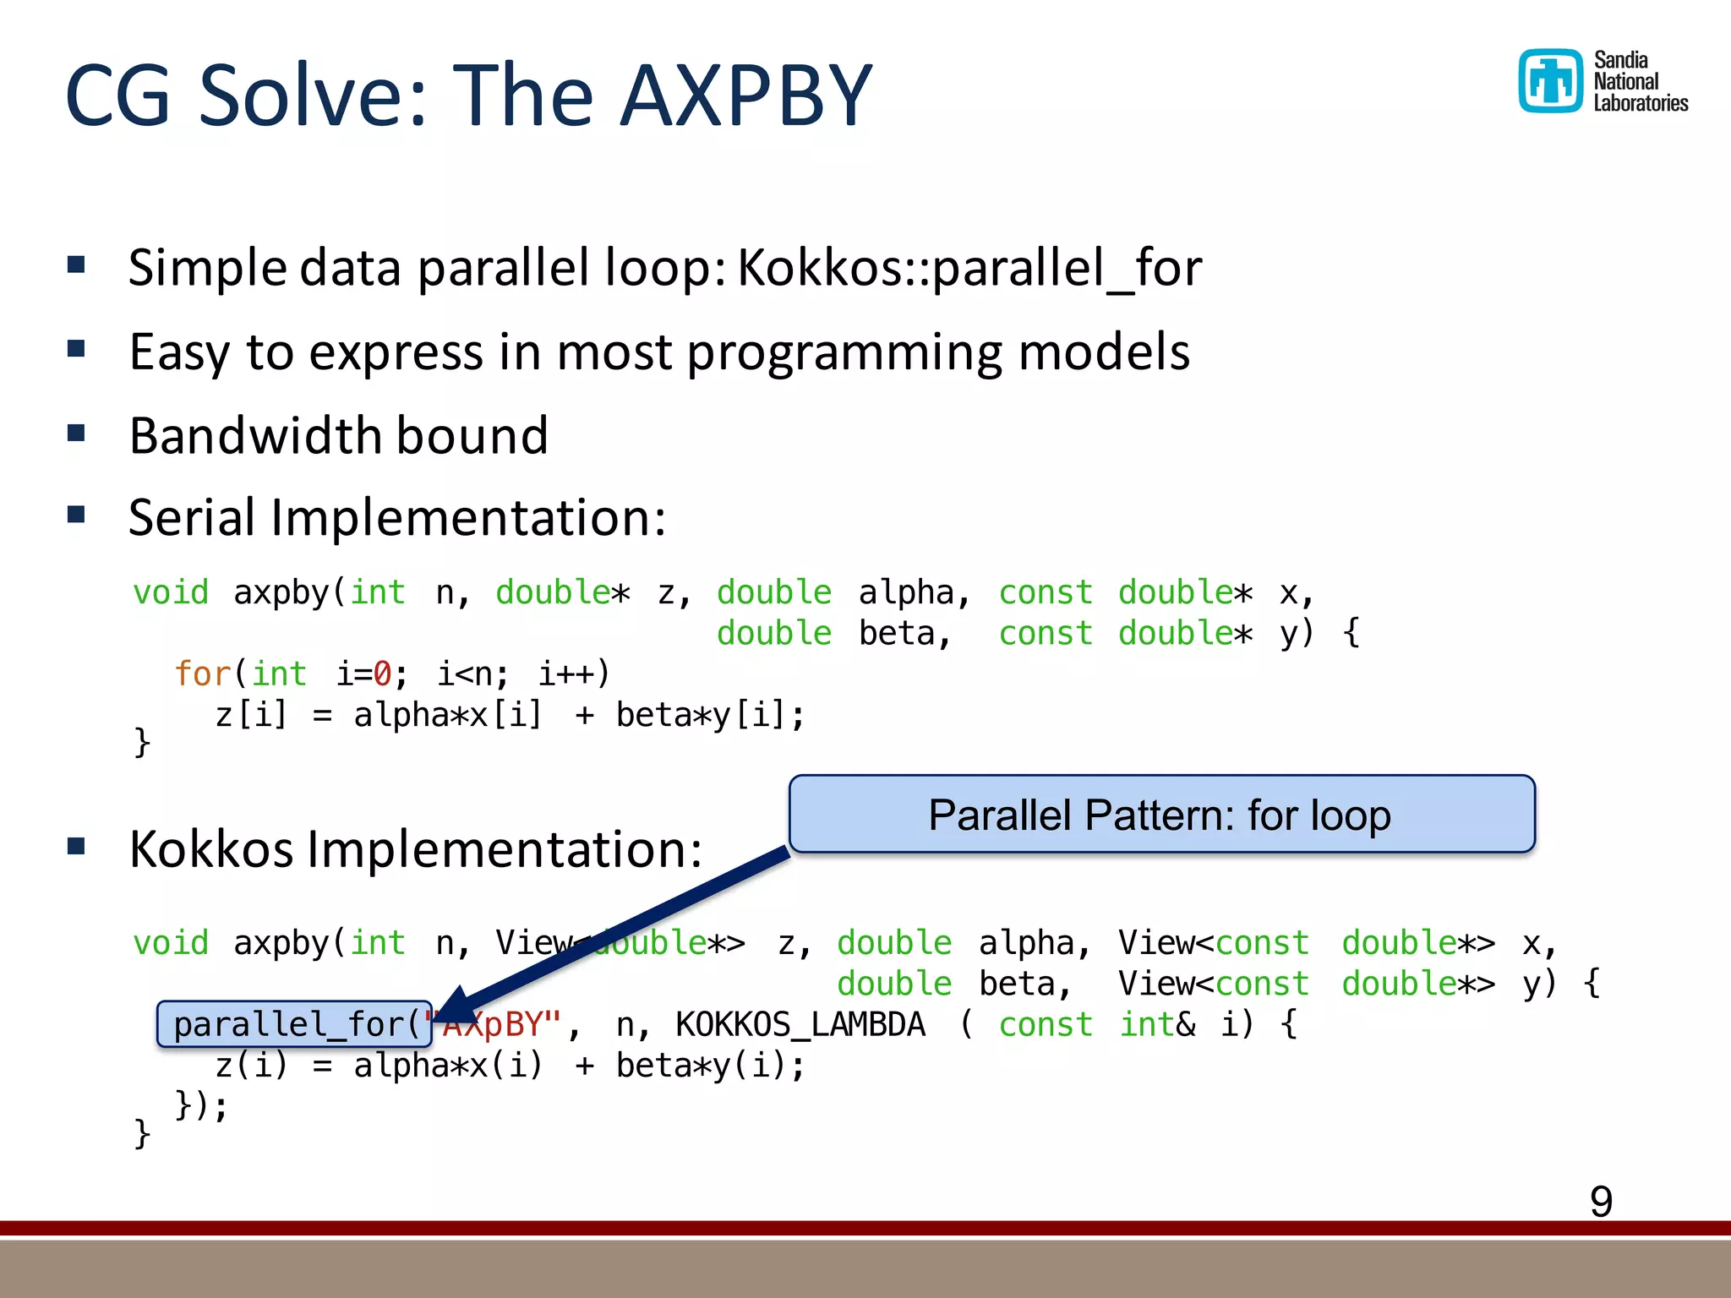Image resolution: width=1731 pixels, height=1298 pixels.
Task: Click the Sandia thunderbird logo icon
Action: point(1550,81)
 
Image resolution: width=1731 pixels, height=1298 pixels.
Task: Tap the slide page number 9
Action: point(1601,1201)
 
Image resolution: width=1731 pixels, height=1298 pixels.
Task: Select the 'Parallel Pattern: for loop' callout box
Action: point(1160,814)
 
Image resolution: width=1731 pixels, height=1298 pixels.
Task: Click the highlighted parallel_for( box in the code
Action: point(295,1024)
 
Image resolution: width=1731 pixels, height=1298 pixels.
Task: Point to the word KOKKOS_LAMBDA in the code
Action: point(800,1024)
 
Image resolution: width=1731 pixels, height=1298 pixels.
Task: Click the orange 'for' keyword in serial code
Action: point(201,674)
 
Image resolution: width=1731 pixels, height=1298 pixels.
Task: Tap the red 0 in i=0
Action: point(382,674)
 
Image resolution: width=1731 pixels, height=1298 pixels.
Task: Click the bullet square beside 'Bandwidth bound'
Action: point(77,434)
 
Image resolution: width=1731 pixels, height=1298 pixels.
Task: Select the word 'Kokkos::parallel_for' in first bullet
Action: point(969,268)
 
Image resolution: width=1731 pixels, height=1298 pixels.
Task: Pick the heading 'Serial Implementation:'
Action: point(397,517)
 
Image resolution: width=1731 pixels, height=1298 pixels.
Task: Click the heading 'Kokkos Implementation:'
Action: point(415,848)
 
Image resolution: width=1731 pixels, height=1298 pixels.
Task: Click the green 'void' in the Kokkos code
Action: point(171,942)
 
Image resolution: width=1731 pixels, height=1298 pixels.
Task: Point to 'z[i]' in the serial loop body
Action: point(251,715)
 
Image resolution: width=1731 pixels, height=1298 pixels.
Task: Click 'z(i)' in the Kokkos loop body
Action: point(251,1065)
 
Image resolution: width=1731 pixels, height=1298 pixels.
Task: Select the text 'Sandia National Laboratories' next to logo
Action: point(1639,81)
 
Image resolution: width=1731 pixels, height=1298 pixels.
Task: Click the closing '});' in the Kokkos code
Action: point(201,1105)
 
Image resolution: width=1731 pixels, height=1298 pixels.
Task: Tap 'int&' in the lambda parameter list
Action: point(1156,1024)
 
